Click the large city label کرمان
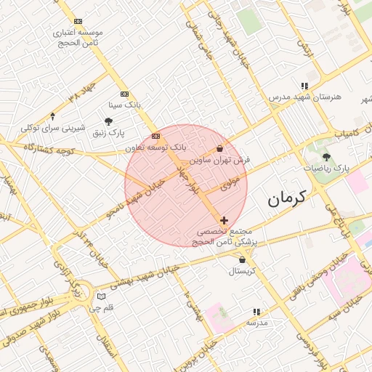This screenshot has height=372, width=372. pyautogui.click(x=287, y=198)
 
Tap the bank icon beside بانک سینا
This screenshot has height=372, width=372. pyautogui.click(x=124, y=94)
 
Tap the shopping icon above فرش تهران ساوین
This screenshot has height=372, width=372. pyautogui.click(x=219, y=148)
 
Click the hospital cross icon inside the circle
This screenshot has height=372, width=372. pyautogui.click(x=224, y=219)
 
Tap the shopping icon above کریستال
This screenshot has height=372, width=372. pyautogui.click(x=242, y=259)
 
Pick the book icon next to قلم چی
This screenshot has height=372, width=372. pyautogui.click(x=100, y=296)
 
